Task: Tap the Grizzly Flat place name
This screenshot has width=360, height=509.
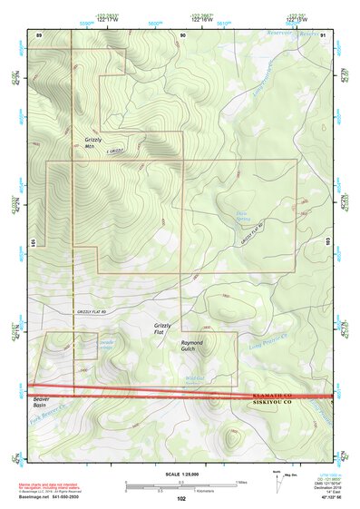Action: (x=162, y=328)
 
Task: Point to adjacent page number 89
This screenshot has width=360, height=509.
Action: (x=39, y=34)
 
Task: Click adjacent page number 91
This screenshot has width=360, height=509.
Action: (x=324, y=34)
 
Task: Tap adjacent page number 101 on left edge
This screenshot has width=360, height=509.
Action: (x=32, y=242)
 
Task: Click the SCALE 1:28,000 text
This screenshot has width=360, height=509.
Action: (x=180, y=474)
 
